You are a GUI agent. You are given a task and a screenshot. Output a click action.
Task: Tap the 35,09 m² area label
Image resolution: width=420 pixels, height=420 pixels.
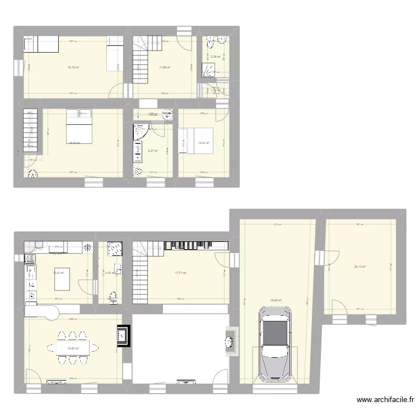click(277, 300)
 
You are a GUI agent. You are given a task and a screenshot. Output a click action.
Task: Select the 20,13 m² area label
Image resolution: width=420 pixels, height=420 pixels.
click(360, 267)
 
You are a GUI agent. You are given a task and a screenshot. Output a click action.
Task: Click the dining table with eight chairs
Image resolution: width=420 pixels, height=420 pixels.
click(73, 348)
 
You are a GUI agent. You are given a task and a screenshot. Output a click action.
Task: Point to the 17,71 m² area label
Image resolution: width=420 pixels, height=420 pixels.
click(180, 273)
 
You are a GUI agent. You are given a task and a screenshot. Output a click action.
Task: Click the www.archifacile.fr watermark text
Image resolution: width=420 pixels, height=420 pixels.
click(385, 400)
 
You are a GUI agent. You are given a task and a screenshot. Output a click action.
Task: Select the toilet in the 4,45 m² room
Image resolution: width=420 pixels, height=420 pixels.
click(114, 296)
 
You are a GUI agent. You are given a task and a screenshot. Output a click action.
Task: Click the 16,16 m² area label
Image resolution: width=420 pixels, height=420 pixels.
click(73, 68)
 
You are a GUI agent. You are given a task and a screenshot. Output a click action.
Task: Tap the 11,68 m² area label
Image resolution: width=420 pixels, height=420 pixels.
click(164, 68)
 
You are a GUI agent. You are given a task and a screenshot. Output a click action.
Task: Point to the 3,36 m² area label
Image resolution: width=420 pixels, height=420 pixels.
click(215, 57)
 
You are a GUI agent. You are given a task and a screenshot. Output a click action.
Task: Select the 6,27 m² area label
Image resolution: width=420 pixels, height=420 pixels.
click(152, 150)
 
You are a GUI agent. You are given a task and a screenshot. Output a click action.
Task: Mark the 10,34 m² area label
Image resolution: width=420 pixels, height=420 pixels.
click(204, 143)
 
